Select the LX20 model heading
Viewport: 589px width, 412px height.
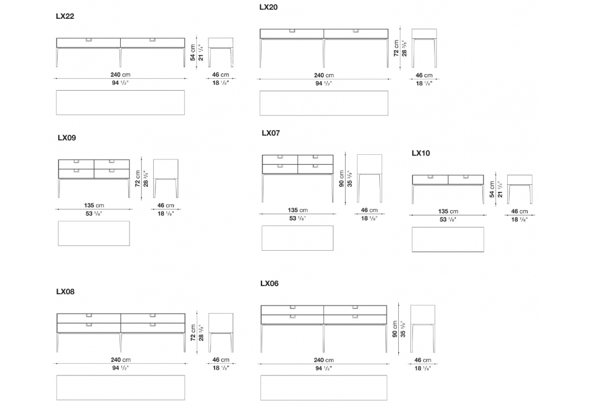[269, 8]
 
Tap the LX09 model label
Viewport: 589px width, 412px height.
[67, 138]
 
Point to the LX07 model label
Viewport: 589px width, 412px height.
[271, 134]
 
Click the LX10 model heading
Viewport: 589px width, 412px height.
[421, 153]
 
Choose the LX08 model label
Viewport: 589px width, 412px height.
[65, 291]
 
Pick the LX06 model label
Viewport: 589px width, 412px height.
[269, 284]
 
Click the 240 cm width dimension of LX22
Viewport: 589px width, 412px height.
[121, 74]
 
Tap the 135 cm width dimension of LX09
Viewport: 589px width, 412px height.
[94, 205]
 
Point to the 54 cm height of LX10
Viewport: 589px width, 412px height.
[492, 190]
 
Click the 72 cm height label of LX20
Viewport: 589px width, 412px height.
[396, 48]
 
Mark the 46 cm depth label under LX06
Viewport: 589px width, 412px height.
[423, 360]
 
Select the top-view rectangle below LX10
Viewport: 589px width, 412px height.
[448, 239]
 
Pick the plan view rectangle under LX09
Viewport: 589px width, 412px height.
[94, 233]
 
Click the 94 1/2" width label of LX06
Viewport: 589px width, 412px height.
[324, 368]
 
